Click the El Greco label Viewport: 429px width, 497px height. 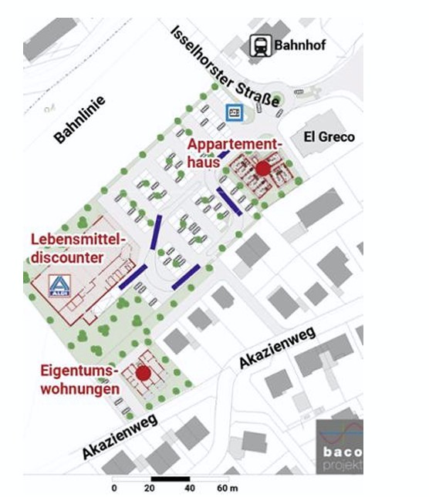(329, 137)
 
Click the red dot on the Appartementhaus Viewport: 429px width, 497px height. (263, 168)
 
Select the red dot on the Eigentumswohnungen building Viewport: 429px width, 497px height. (143, 373)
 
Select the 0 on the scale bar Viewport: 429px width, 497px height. (114, 488)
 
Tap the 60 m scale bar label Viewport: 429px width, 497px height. (227, 488)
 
